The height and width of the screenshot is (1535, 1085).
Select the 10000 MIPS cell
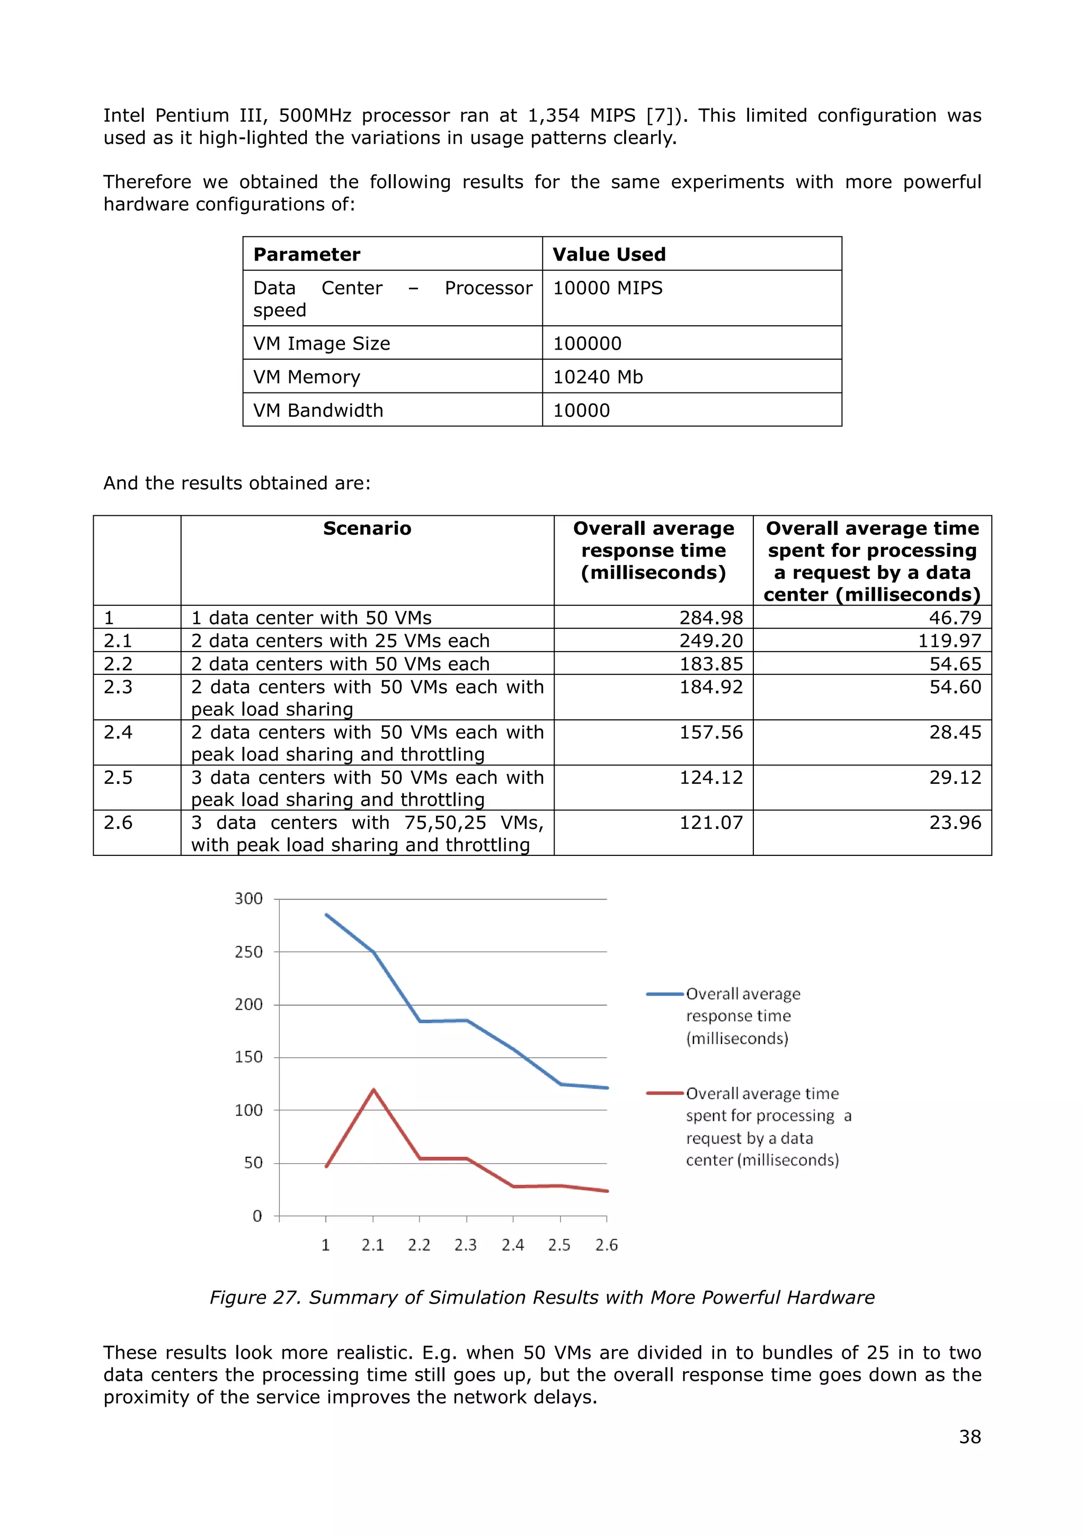coord(607,288)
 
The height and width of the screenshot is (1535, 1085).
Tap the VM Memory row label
coord(306,377)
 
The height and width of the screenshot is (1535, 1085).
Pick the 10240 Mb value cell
coord(598,377)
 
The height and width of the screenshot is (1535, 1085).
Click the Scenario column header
coord(367,528)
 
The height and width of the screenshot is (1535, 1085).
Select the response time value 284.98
coord(710,617)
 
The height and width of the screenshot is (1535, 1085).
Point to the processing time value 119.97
coord(949,640)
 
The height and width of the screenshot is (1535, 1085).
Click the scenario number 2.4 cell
coord(118,732)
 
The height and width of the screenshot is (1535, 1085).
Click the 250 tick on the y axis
coord(248,952)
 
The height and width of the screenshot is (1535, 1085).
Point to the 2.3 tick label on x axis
coord(465,1245)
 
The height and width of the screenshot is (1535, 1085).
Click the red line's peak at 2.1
coord(373,1090)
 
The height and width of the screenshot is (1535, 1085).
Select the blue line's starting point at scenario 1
coord(326,915)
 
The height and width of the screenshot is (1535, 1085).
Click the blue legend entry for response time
coord(742,1015)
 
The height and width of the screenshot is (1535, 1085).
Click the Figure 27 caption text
coord(541,1298)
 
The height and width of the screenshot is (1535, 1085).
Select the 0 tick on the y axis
coord(257,1216)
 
